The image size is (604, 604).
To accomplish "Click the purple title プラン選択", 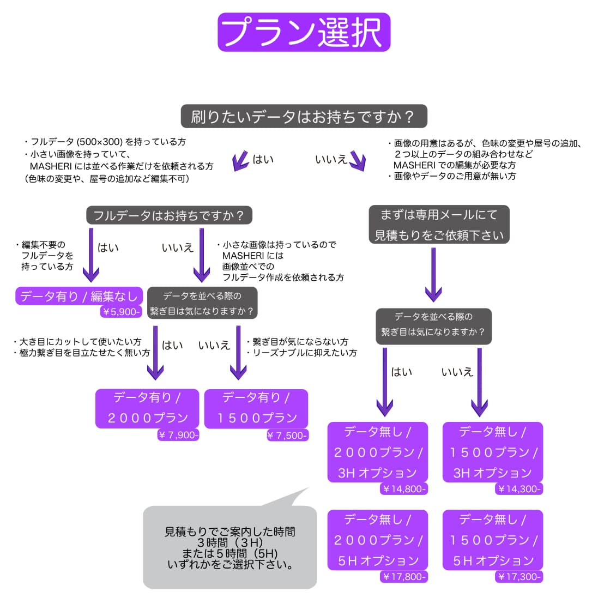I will pos(304,32).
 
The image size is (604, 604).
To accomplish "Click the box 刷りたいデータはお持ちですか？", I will pos(304,117).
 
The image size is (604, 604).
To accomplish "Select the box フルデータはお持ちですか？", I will pos(169,215).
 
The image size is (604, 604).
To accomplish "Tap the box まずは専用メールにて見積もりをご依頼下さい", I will pos(439,225).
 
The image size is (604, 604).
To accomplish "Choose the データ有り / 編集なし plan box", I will pos(79,297).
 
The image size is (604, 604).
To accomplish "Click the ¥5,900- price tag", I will pos(121,312).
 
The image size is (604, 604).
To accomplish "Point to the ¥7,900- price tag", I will pos(178,435).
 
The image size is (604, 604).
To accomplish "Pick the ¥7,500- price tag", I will pos(287,436).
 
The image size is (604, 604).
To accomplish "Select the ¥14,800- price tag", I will pos(403,489).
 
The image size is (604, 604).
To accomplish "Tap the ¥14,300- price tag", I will pos(519,489).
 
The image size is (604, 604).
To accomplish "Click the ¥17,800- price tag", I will pos(403,577).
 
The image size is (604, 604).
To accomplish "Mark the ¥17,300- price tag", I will pos(519,577).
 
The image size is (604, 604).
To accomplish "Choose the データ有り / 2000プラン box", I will pos(147,408).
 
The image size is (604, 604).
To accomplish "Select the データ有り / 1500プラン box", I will pos(256,408).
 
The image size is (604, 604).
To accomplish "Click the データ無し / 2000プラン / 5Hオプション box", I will pos(378,540).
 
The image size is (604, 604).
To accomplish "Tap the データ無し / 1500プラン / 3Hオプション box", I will pos(493,452).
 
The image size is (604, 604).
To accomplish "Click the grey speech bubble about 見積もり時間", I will pos(230,547).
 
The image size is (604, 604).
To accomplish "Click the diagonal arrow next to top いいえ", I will pos(358,161).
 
